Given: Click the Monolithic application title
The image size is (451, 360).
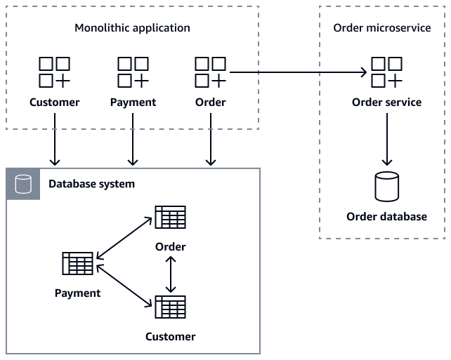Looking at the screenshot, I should click(x=132, y=28).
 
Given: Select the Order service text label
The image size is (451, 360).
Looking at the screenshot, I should click(x=386, y=102).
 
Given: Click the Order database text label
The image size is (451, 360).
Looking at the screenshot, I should click(x=386, y=217).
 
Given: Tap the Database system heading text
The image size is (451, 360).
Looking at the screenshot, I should click(x=91, y=184).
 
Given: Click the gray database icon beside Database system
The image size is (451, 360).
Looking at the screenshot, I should click(x=23, y=184).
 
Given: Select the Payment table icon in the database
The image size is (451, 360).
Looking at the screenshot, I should click(x=77, y=264).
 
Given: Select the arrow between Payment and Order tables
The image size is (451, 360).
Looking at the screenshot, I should click(x=124, y=239).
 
